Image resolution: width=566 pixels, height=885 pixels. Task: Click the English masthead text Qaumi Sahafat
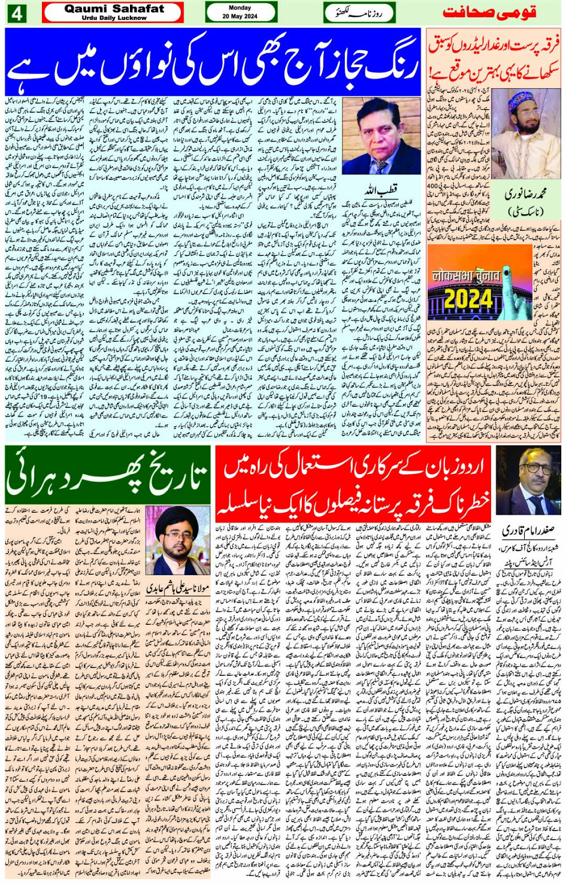tap(114, 9)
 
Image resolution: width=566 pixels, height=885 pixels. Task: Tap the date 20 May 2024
tap(240, 17)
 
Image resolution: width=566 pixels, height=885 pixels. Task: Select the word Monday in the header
tap(240, 8)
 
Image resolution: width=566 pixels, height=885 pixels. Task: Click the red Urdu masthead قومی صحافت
tap(489, 12)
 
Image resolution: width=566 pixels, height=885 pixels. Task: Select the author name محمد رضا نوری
tap(525, 195)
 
